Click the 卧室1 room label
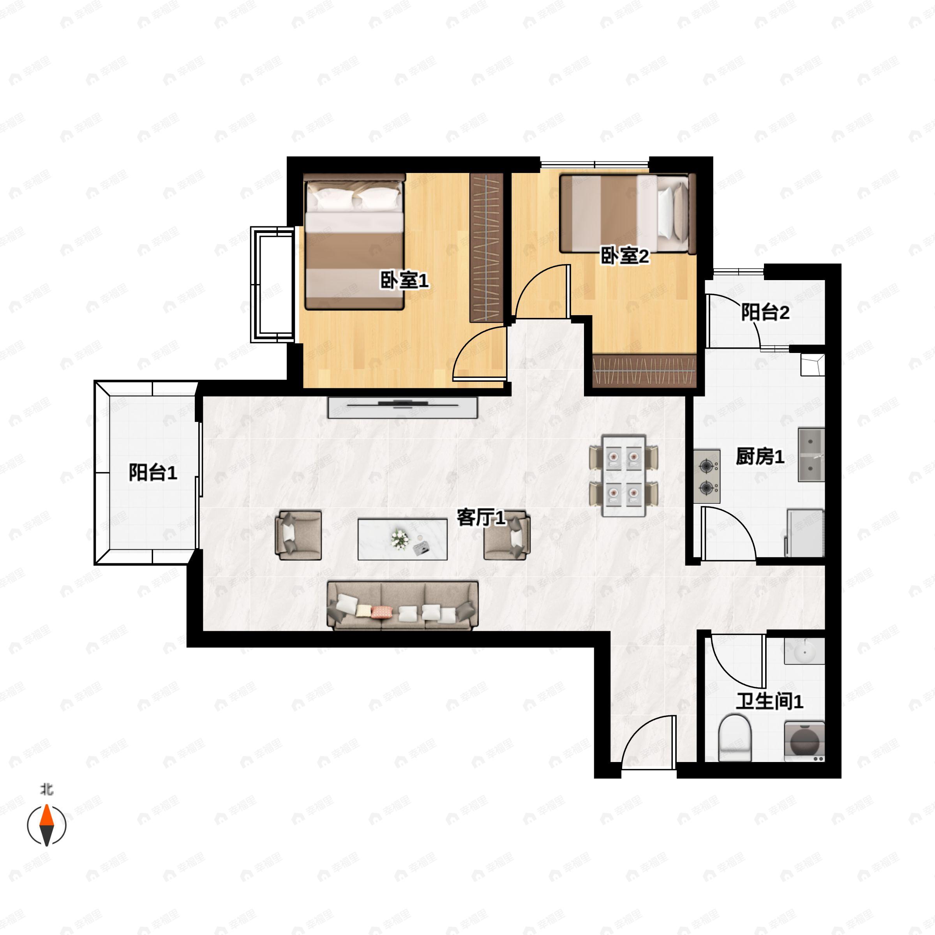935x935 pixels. (x=404, y=280)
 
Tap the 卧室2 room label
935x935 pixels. (x=624, y=256)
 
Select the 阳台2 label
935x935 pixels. (x=765, y=312)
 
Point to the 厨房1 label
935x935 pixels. (x=760, y=456)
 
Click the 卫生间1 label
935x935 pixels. (x=769, y=701)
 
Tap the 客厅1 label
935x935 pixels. (x=481, y=518)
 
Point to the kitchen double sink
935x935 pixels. (x=811, y=454)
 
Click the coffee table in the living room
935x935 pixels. (x=402, y=539)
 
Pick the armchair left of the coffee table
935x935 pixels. (x=298, y=536)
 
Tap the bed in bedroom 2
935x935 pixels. (x=628, y=213)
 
